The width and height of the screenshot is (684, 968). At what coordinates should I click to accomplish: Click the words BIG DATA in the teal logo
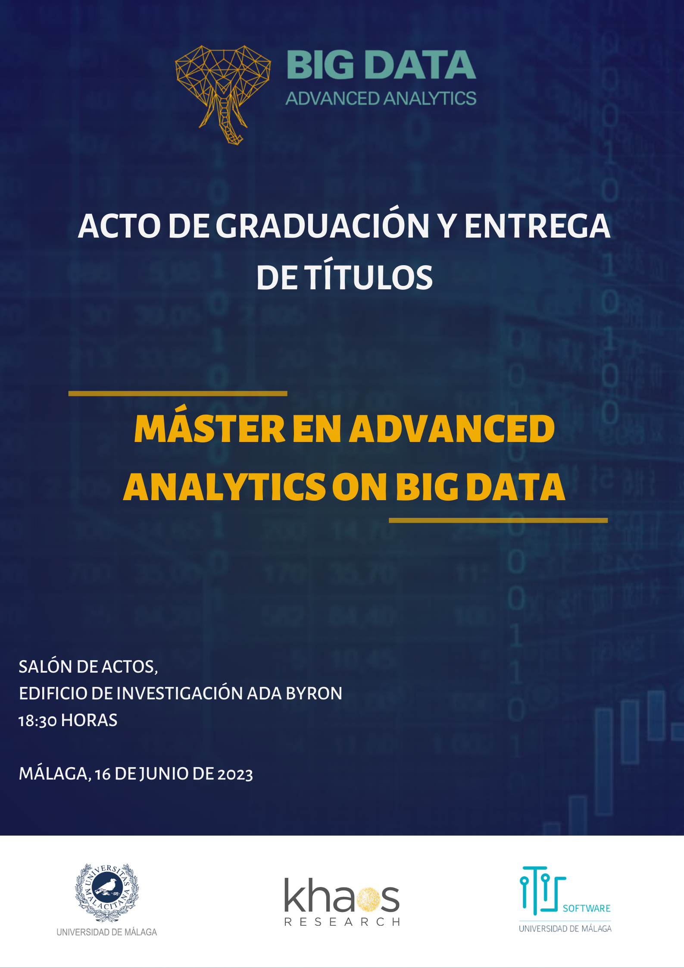coord(381,65)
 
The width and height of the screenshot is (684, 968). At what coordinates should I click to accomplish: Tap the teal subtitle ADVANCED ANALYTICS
coord(381,99)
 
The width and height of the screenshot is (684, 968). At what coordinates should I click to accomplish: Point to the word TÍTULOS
coord(369,277)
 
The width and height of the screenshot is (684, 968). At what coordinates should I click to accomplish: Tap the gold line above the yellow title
coord(178,393)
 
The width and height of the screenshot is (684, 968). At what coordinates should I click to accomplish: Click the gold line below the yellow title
coord(498,520)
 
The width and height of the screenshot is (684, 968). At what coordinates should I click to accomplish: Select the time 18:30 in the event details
coord(37,721)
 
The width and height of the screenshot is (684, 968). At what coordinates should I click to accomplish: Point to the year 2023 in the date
coord(235,774)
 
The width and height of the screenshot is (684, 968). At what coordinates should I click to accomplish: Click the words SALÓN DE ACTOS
coord(88,667)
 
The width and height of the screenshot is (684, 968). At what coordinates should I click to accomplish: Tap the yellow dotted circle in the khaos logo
coord(368,900)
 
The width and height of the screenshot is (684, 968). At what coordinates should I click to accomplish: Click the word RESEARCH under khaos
coord(342,921)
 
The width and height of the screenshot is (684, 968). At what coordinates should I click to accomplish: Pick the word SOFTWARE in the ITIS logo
coord(587,908)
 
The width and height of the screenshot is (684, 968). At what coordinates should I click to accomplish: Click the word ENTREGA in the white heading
coord(537,226)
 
